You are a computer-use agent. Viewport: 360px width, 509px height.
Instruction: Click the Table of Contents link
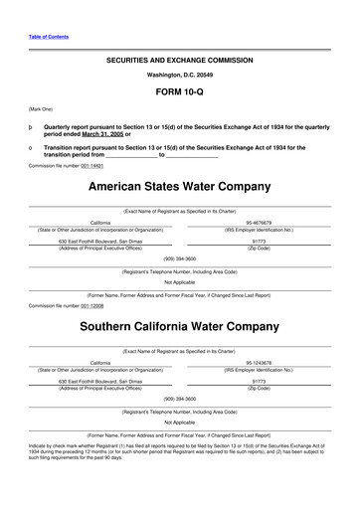47,37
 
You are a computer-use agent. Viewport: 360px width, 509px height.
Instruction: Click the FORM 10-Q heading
179,91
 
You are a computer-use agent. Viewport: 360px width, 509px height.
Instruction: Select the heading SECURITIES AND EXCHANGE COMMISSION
179,60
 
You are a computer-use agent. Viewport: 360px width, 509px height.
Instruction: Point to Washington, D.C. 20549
179,75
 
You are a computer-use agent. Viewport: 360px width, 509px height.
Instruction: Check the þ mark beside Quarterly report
32,128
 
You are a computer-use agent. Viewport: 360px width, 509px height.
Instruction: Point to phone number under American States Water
179,257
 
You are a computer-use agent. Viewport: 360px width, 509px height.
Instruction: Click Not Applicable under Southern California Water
179,424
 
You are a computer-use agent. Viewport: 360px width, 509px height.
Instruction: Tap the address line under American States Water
100,241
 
